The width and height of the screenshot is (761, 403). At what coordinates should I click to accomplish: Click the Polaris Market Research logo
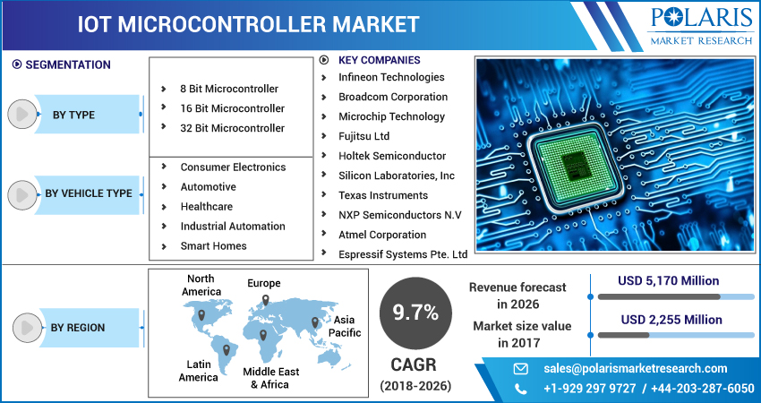pyautogui.click(x=701, y=26)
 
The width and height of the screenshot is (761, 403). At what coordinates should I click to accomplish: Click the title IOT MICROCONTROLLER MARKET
pyautogui.click(x=249, y=25)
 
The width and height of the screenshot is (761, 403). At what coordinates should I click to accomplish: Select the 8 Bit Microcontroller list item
pyautogui.click(x=229, y=89)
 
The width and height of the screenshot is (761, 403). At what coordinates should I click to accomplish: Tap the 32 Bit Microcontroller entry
pyautogui.click(x=232, y=128)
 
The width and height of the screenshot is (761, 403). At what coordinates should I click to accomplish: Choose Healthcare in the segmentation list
pyautogui.click(x=206, y=206)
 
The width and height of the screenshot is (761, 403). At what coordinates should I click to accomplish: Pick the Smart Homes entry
pyautogui.click(x=214, y=245)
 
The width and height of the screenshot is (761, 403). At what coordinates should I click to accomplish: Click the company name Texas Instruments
pyautogui.click(x=383, y=195)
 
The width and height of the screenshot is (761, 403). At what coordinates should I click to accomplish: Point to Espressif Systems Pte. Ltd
pyautogui.click(x=403, y=254)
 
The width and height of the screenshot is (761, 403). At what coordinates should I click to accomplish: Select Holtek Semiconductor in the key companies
pyautogui.click(x=392, y=156)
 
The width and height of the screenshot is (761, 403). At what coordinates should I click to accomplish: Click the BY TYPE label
pyautogui.click(x=73, y=115)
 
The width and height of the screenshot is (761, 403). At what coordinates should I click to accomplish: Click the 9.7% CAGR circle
pyautogui.click(x=415, y=313)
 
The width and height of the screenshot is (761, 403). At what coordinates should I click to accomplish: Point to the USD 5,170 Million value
pyautogui.click(x=668, y=280)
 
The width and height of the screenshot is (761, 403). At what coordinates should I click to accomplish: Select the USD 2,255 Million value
pyautogui.click(x=671, y=320)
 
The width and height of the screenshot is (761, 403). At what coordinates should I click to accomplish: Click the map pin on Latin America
pyautogui.click(x=227, y=349)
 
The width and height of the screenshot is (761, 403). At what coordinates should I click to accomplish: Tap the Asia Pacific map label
pyautogui.click(x=345, y=326)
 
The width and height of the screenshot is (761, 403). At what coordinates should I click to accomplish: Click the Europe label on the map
pyautogui.click(x=263, y=283)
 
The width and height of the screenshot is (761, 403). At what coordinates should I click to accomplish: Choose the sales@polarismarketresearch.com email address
pyautogui.click(x=636, y=369)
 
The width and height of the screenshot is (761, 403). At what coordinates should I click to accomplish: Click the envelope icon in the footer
pyautogui.click(x=521, y=369)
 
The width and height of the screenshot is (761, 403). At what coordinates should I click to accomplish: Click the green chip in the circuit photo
pyautogui.click(x=575, y=165)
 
